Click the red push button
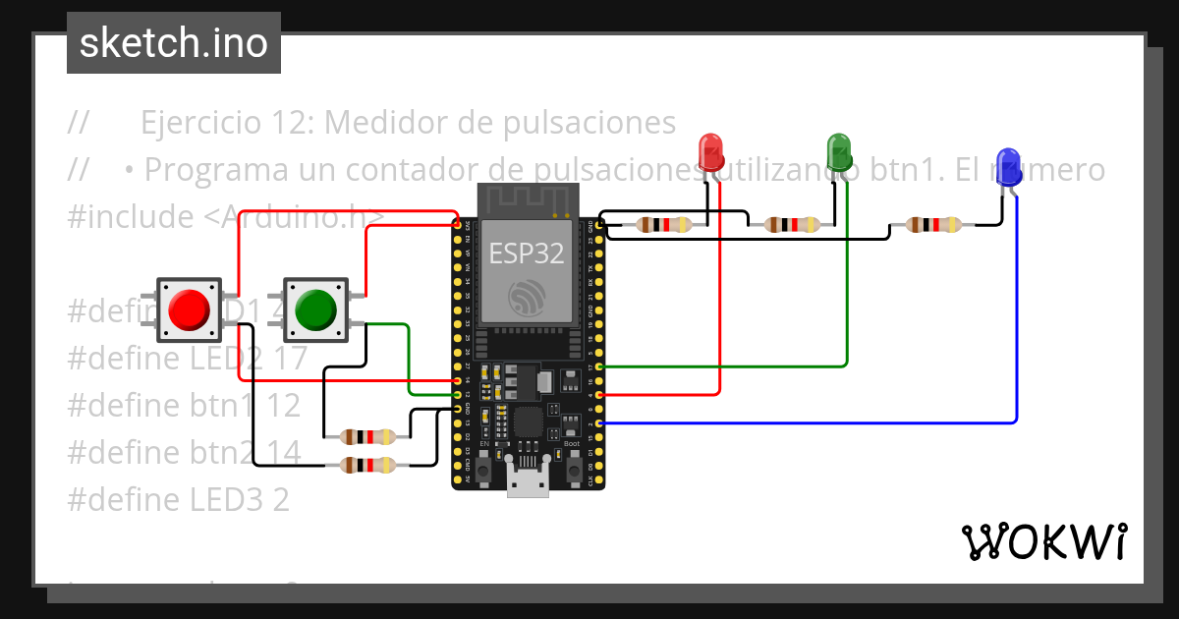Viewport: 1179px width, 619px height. point(188,309)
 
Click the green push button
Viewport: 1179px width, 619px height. point(314,309)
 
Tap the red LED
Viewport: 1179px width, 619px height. point(710,152)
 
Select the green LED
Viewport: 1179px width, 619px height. point(839,152)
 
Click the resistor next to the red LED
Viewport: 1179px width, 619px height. point(663,225)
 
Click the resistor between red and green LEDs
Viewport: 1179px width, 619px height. point(792,225)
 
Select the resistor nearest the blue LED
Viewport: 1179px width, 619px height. point(933,225)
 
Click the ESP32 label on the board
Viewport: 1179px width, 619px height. point(527,253)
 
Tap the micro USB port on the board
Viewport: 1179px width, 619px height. point(528,483)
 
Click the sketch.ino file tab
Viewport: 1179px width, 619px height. point(174,43)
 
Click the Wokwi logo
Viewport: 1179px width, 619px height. point(1042,541)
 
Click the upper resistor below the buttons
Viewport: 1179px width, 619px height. point(366,436)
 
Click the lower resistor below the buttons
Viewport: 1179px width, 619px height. point(366,465)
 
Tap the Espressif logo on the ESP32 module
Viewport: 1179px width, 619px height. point(527,298)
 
